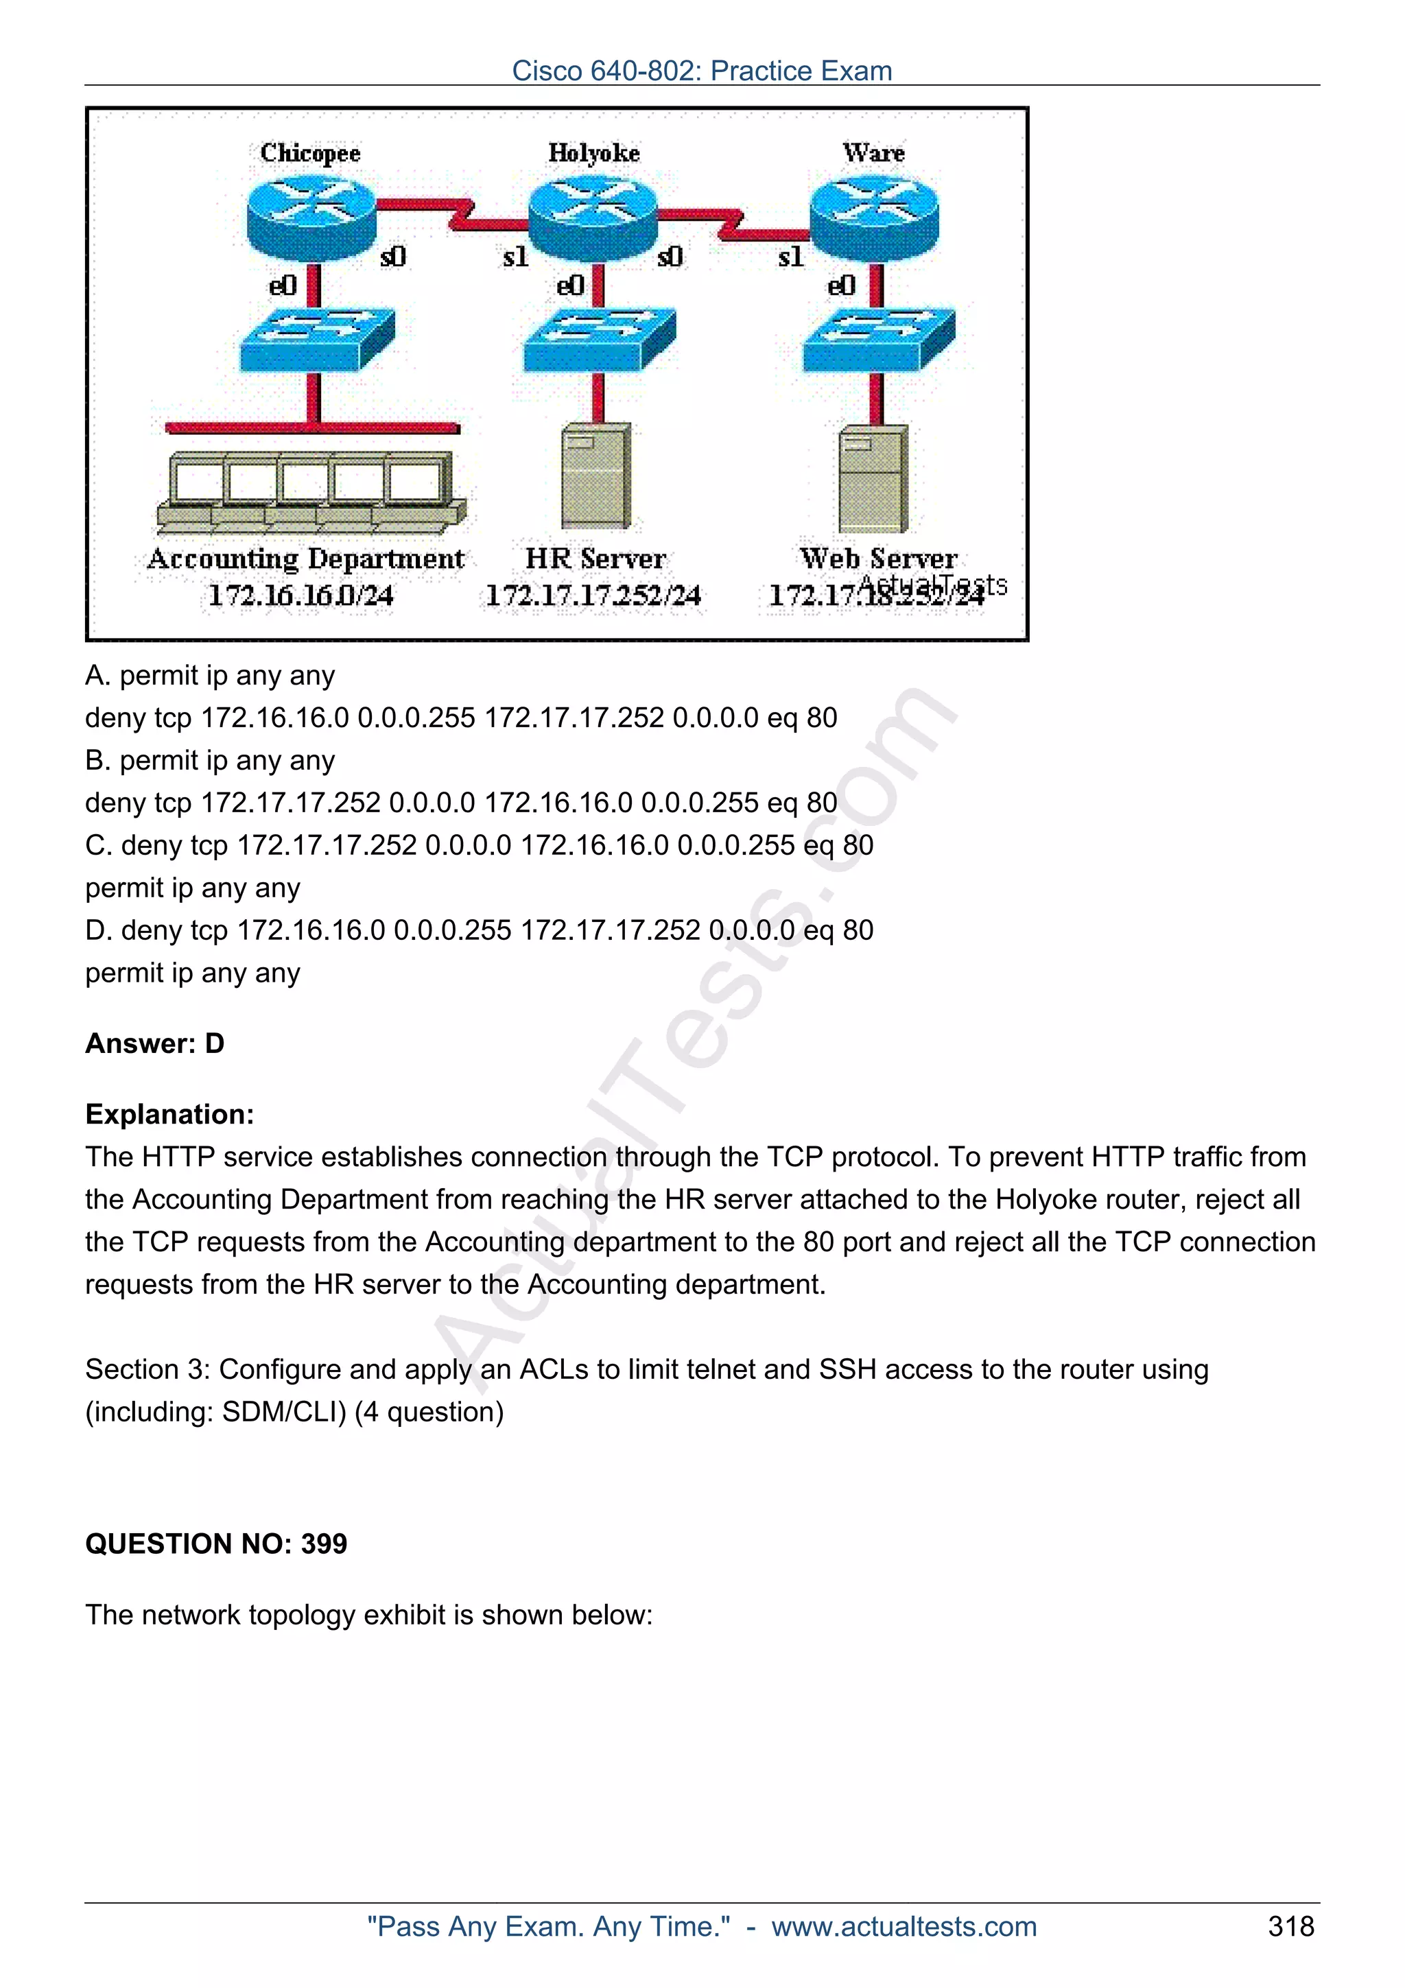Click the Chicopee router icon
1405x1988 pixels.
tap(311, 217)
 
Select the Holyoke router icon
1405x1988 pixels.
tap(593, 217)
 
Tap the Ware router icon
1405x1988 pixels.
tap(874, 217)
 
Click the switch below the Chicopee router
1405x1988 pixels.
tap(317, 340)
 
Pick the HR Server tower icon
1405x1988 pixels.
tap(595, 475)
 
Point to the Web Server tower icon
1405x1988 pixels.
tap(873, 478)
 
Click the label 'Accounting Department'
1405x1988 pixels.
tap(305, 559)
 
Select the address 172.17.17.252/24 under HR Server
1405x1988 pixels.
tap(593, 595)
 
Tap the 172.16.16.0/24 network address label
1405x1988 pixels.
tap(300, 595)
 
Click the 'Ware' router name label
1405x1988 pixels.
tap(874, 153)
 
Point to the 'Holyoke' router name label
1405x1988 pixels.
tap(594, 153)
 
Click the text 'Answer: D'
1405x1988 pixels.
tap(155, 1043)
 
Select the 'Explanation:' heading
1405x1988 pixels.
tap(169, 1114)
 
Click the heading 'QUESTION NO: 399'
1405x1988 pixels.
tap(216, 1543)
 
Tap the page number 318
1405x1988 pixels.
tap(1290, 1926)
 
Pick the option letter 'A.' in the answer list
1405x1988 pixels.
tap(99, 676)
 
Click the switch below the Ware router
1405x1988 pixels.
tap(879, 340)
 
